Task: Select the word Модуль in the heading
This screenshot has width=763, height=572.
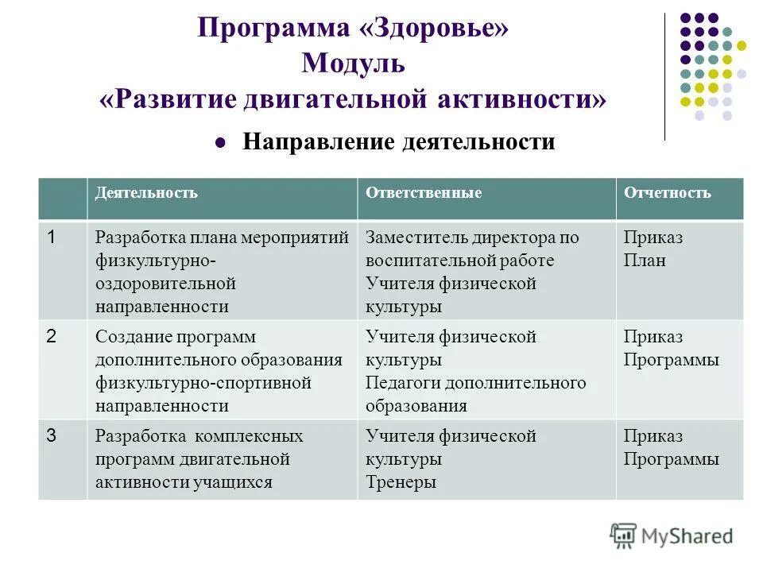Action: coord(353,64)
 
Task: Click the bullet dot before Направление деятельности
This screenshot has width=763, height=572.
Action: coord(222,143)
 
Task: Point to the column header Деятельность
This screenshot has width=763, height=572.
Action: coord(146,193)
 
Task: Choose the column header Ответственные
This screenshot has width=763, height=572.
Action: coord(424,193)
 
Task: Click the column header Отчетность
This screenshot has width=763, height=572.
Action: coord(668,193)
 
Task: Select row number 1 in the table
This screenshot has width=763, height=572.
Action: coord(51,237)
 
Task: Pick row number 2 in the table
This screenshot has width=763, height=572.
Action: coord(51,336)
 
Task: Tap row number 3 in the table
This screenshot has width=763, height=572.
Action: coord(51,435)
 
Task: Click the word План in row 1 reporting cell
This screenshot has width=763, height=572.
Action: coord(645,261)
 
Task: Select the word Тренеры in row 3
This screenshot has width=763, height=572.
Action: coord(401,481)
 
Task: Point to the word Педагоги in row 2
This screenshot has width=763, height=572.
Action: coord(402,383)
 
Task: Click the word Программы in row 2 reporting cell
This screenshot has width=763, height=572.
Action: coord(672,360)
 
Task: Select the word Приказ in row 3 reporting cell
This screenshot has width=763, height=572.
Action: coord(653,436)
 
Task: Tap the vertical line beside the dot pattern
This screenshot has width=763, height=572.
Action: coord(664,76)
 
